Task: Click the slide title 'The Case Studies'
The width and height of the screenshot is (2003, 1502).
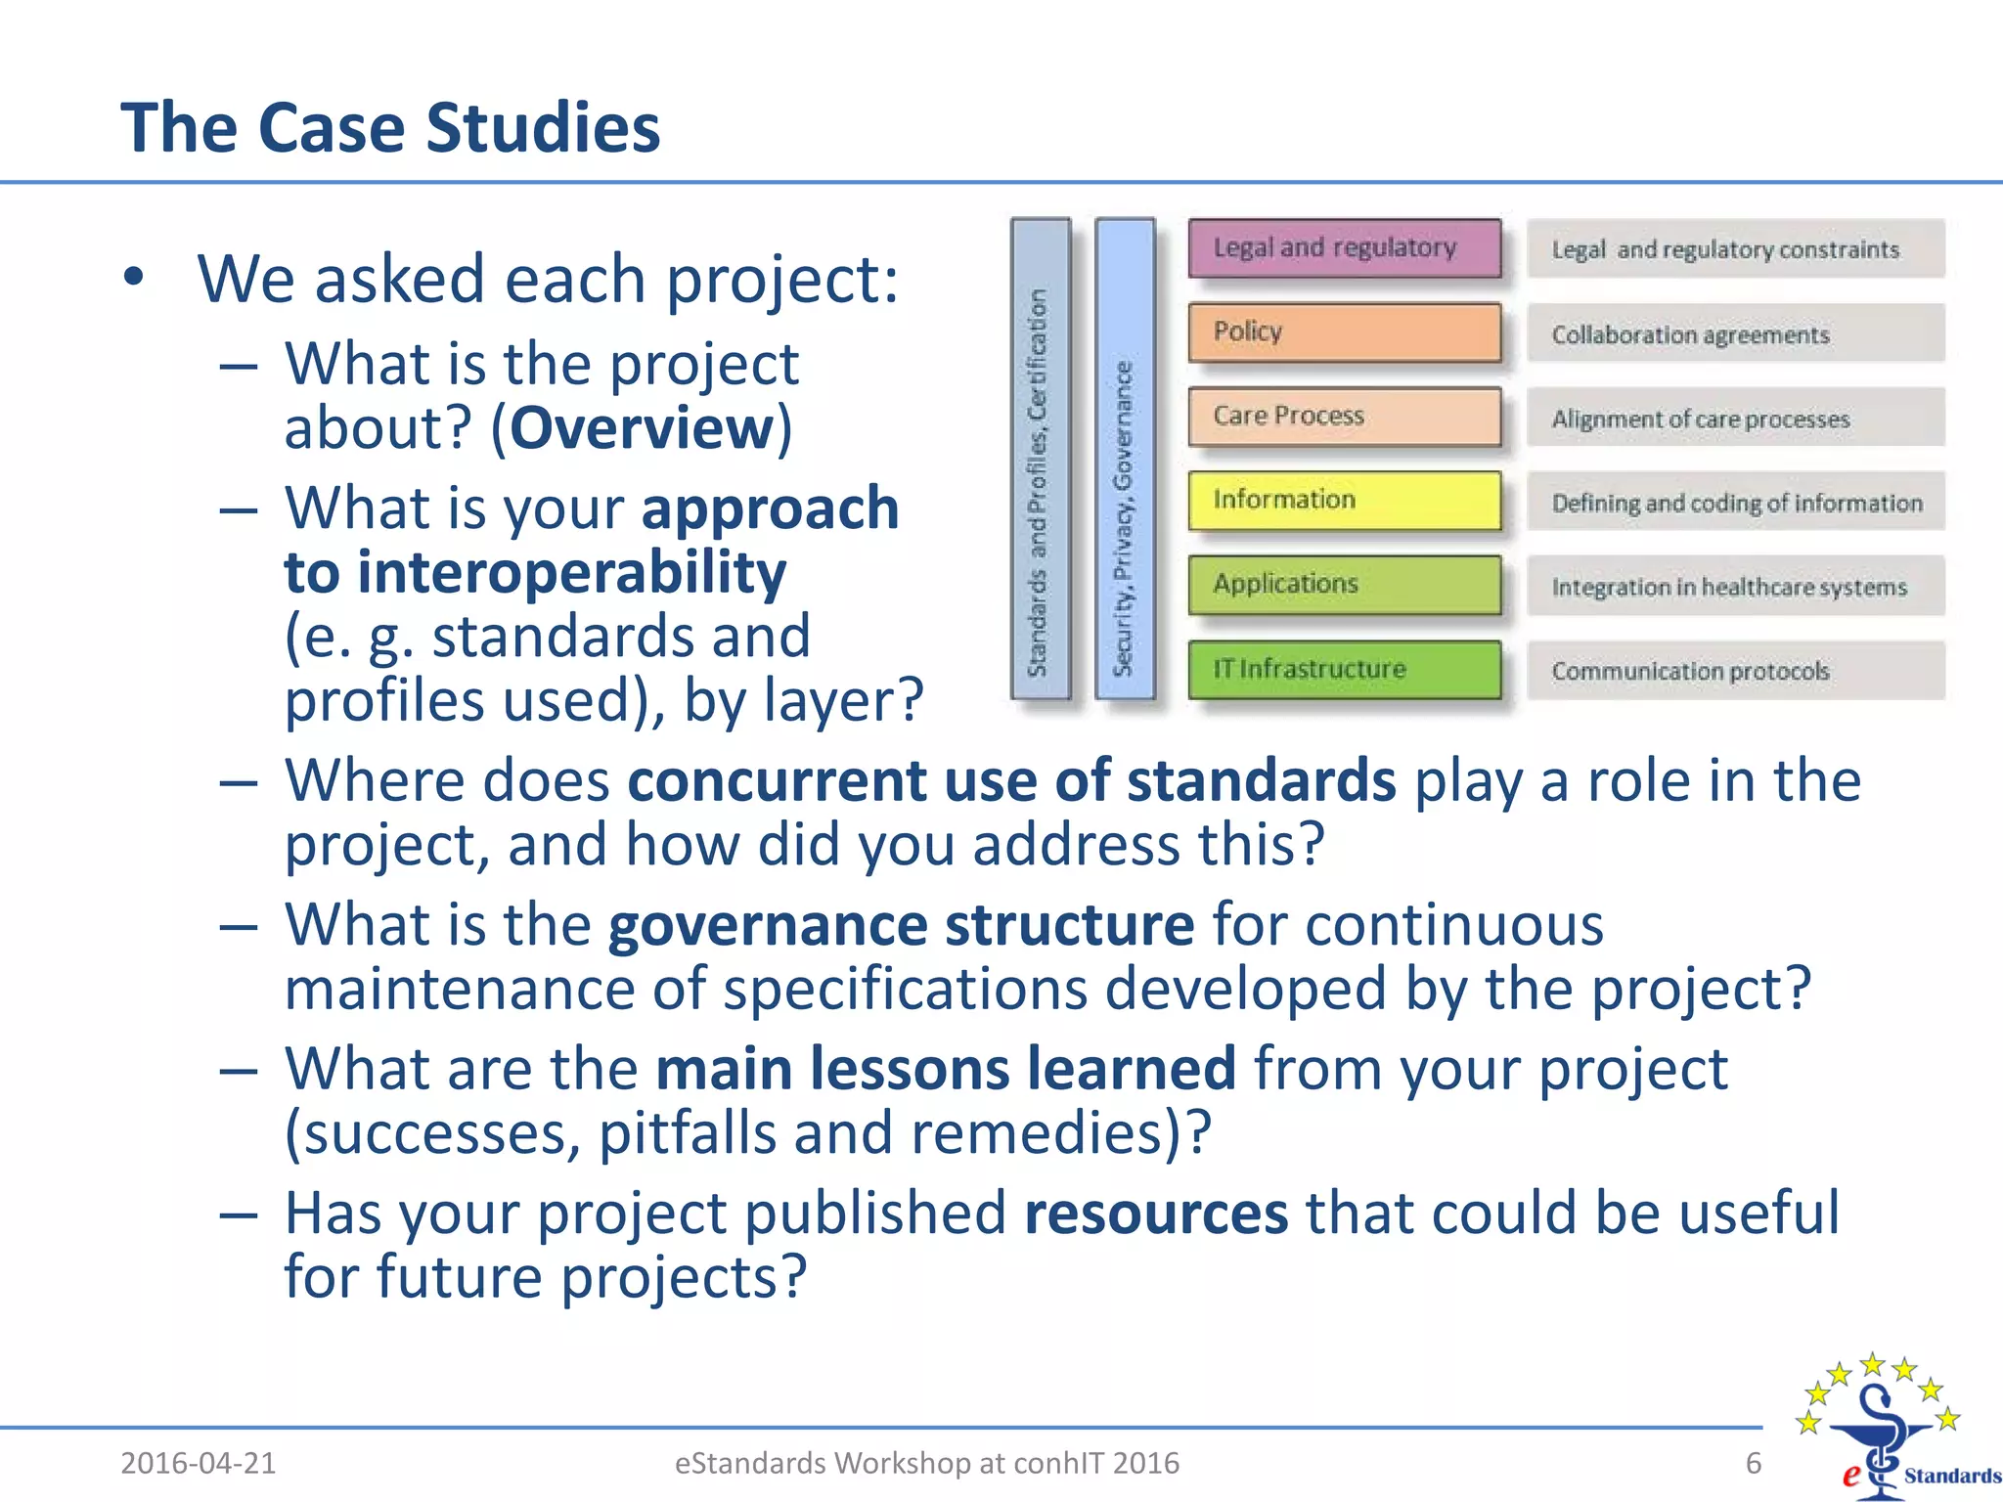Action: [x=390, y=128]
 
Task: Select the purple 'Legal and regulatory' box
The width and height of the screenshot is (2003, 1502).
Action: [x=1345, y=248]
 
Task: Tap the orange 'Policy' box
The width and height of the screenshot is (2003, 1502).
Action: [x=1345, y=332]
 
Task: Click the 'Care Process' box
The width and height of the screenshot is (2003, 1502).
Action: [x=1345, y=417]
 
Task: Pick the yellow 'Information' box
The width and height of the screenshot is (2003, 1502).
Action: [x=1345, y=501]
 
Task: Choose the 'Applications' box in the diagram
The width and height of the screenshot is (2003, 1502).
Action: [x=1345, y=585]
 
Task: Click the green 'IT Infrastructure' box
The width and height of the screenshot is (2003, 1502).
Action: [x=1345, y=670]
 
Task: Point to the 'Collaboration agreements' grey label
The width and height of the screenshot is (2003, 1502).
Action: [x=1735, y=334]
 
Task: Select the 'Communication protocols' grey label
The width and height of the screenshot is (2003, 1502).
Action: [x=1735, y=671]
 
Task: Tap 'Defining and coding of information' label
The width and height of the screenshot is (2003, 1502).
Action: [x=1736, y=503]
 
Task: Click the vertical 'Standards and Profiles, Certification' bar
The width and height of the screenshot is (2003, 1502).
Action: [x=1040, y=459]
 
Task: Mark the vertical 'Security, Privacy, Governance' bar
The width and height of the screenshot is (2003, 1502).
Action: [x=1125, y=459]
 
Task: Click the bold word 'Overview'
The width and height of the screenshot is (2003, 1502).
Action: [x=642, y=428]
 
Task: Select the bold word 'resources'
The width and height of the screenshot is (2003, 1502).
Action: [x=1156, y=1214]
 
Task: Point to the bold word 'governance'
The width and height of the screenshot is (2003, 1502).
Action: [x=767, y=925]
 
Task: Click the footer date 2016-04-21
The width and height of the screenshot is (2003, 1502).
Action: [x=199, y=1463]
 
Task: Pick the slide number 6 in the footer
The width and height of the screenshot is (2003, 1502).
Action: [x=1753, y=1463]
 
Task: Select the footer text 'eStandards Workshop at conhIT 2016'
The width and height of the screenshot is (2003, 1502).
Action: [x=927, y=1463]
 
